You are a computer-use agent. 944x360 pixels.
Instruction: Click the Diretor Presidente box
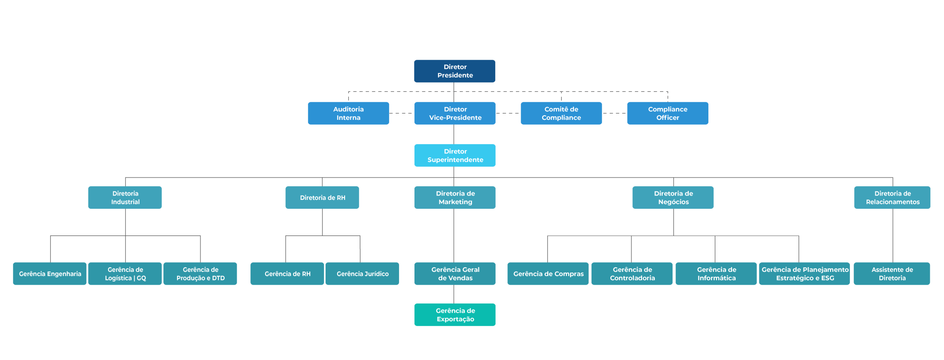(454, 71)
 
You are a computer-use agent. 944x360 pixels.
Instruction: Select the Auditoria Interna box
(348, 113)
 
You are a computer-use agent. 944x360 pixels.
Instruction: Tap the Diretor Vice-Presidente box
(455, 113)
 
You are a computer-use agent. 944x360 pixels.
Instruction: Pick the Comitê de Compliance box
(561, 113)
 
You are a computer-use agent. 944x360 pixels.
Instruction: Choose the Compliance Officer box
(667, 113)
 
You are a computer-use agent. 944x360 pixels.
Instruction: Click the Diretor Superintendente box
(455, 155)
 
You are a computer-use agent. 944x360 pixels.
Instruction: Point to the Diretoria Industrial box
(125, 197)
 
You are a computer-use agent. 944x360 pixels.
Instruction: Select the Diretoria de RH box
(322, 197)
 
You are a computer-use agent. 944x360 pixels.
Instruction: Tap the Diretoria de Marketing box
(455, 197)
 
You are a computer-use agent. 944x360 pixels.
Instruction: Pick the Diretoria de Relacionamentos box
(892, 197)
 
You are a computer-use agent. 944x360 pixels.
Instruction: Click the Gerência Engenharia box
(49, 273)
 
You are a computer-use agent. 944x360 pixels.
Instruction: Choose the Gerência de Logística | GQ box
(125, 273)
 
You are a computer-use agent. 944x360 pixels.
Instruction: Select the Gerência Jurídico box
(362, 273)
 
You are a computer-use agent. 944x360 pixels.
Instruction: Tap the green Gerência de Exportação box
(455, 315)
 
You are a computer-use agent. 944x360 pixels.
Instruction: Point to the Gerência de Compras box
(548, 273)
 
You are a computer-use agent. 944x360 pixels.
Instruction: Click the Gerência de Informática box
(716, 273)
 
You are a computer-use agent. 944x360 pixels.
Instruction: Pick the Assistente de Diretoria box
(892, 273)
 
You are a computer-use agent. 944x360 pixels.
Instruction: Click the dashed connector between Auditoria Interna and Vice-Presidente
(401, 113)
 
